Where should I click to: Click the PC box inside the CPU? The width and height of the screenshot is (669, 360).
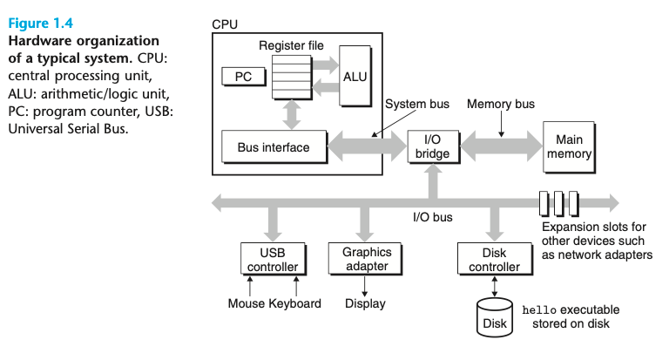point(244,77)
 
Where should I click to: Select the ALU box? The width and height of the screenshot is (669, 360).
point(355,76)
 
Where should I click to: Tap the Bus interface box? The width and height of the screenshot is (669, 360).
point(274,147)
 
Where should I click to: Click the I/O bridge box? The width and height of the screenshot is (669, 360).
point(433,146)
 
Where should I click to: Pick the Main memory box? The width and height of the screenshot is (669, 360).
point(569,147)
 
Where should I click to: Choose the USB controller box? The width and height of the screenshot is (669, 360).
point(273,259)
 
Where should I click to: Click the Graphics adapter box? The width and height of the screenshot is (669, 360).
point(365,259)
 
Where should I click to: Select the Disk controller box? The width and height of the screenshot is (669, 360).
point(495,259)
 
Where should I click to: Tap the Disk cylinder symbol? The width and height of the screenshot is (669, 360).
point(495,317)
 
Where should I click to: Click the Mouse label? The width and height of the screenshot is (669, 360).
point(247,303)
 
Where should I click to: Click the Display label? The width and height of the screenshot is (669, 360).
point(365,303)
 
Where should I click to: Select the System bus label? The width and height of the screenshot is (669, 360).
point(417,104)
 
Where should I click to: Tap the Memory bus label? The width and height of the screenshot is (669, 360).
point(501,104)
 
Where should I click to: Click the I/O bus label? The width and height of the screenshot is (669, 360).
point(433,217)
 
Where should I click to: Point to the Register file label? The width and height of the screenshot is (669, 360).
point(292,45)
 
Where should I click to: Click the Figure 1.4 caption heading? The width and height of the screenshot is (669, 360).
point(41,23)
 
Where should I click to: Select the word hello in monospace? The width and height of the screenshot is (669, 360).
point(539,310)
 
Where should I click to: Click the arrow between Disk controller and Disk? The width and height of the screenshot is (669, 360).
point(495,287)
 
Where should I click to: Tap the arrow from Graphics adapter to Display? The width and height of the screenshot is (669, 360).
point(365,287)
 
